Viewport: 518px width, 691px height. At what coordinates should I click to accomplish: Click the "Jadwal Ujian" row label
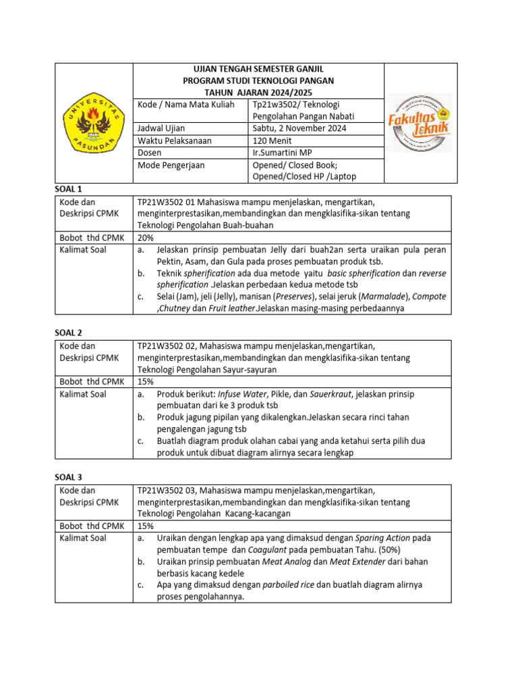(161, 128)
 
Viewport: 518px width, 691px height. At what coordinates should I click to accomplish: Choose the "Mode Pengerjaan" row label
(171, 165)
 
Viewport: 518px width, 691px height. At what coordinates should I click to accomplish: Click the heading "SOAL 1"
(68, 189)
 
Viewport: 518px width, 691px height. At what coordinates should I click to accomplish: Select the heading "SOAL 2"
(68, 333)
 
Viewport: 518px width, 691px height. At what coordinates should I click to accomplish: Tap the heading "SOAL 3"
(68, 476)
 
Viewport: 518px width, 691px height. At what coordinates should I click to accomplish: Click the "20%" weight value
(146, 238)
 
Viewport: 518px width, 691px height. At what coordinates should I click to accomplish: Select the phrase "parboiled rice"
(288, 585)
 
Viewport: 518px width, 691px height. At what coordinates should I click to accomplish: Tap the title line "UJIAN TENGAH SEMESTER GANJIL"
(258, 70)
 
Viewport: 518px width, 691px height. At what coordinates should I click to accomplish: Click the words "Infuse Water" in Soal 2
(241, 393)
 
